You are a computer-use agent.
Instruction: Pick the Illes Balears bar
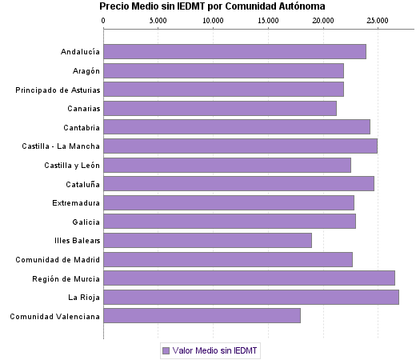point(207,240)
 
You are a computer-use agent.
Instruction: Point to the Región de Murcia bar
point(249,278)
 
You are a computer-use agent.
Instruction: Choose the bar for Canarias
point(220,108)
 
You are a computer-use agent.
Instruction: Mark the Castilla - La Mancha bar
point(240,146)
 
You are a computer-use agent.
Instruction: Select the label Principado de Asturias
point(58,90)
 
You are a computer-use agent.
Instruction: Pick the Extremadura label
point(76,202)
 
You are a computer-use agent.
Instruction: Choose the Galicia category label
point(86,222)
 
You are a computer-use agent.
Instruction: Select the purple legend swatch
point(166,350)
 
